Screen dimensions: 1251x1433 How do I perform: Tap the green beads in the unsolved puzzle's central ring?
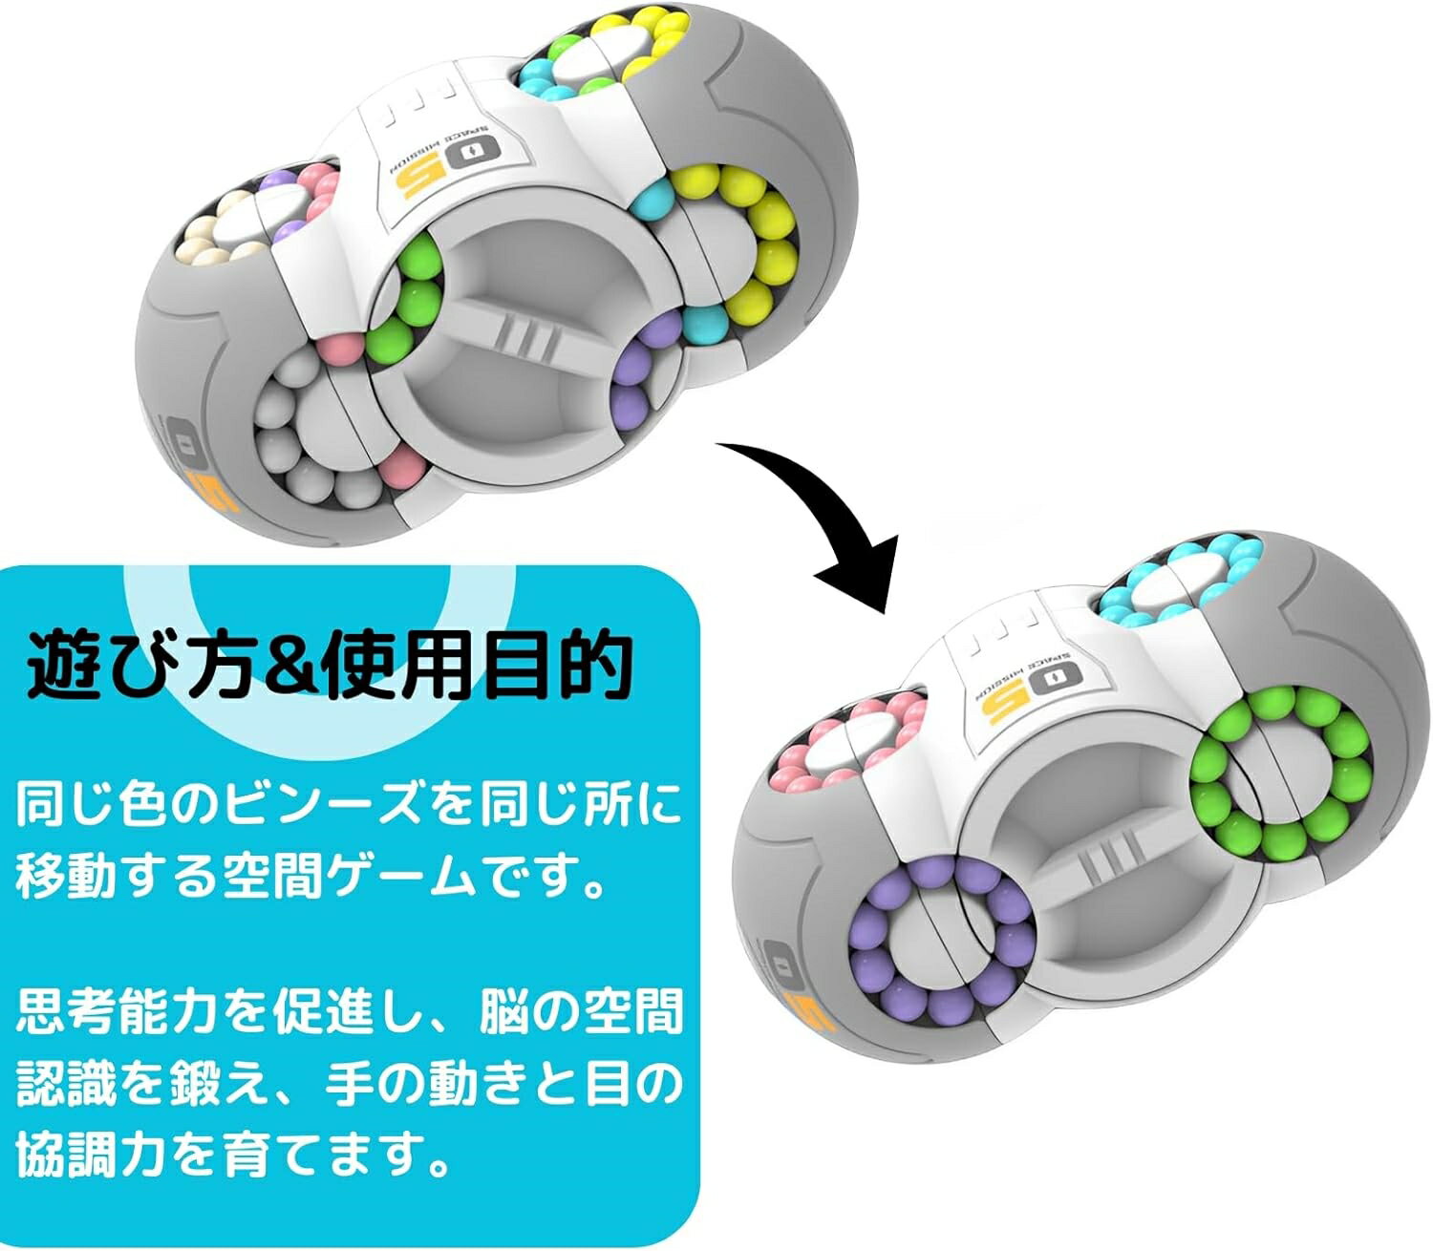(411, 291)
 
